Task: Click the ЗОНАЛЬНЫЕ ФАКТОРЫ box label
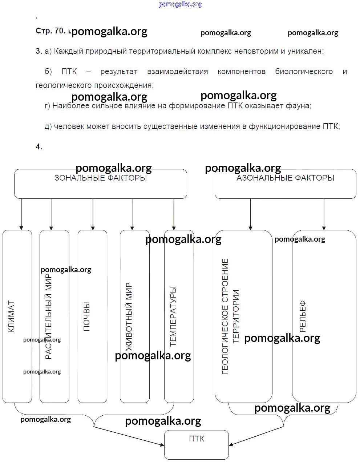(x=101, y=178)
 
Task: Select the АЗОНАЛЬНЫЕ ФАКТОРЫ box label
(x=285, y=178)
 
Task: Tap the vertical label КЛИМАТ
(x=11, y=316)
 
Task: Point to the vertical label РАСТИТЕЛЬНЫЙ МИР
(x=49, y=316)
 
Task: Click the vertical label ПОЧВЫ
(x=87, y=316)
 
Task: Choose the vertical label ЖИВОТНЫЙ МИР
(x=129, y=316)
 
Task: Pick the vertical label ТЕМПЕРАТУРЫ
(x=173, y=316)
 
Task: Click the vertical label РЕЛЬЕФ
(x=303, y=316)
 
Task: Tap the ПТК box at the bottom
(x=197, y=444)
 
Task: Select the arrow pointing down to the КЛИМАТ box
(x=21, y=214)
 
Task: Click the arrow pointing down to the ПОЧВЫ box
(x=93, y=214)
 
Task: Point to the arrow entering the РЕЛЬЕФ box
(x=324, y=214)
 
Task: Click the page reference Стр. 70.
(x=50, y=31)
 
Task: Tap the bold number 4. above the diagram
(x=39, y=147)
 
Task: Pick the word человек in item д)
(x=69, y=126)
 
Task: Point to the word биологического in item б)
(x=304, y=72)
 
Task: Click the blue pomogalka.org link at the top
(x=180, y=4)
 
